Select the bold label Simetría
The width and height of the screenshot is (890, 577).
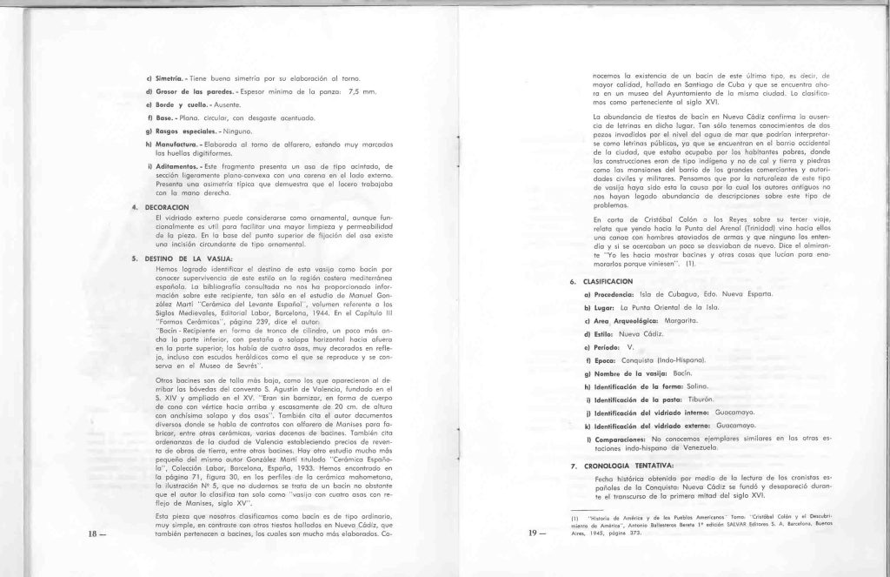(x=162, y=77)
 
